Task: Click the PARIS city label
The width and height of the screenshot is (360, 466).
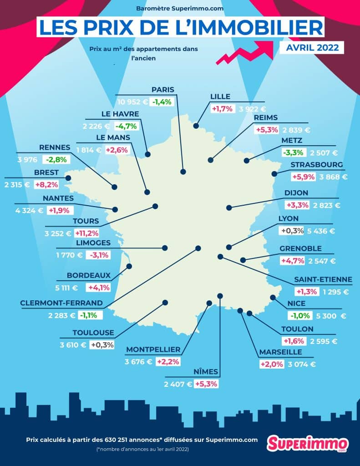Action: pos(163,90)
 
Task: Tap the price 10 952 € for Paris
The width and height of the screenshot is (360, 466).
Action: pos(132,102)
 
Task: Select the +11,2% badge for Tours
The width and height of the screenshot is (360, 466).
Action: pos(86,233)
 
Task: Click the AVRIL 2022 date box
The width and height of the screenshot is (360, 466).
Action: pos(309,47)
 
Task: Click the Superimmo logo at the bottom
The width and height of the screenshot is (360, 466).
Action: pos(308,443)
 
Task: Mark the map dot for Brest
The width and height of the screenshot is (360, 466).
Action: pos(69,178)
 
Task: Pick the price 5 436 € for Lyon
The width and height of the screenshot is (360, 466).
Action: pos(321,231)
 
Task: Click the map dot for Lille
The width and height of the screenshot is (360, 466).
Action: pos(196,125)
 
